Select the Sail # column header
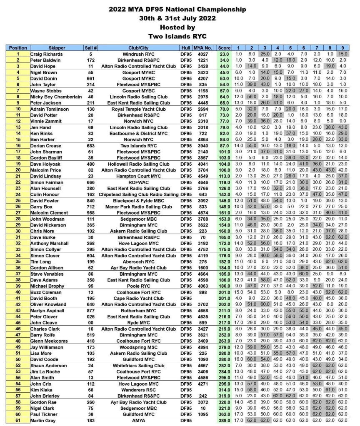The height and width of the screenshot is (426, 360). pos(90,48)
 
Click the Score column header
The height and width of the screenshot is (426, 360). pos(224,48)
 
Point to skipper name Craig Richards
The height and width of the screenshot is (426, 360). pos(47,54)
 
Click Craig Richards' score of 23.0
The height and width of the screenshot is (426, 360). pos(224,54)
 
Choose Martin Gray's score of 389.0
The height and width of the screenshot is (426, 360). pos(224,421)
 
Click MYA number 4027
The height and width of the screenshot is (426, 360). pos(203,54)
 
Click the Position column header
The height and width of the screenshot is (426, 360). pos(17,48)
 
